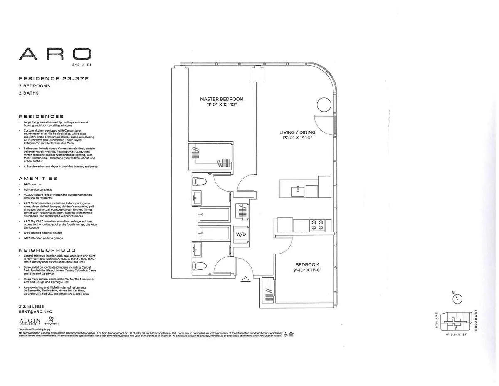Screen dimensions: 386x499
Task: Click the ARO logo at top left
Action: coord(55,54)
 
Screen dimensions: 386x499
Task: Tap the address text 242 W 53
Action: coord(82,65)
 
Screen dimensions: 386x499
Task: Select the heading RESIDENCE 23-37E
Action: coord(54,78)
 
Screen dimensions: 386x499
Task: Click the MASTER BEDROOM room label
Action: coord(221,99)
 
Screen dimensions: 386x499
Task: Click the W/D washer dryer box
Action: coord(241,234)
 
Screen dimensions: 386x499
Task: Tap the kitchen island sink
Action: coord(298,191)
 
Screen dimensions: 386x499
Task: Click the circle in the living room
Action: coord(324,104)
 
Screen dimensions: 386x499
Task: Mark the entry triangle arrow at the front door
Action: coord(246,280)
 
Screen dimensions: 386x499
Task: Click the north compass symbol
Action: coord(457,299)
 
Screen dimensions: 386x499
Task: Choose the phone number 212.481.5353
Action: coord(32,306)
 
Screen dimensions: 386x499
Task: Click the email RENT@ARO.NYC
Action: coord(35,311)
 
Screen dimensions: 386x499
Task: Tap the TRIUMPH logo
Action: coord(52,321)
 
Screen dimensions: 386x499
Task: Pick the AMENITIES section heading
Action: coord(38,178)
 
